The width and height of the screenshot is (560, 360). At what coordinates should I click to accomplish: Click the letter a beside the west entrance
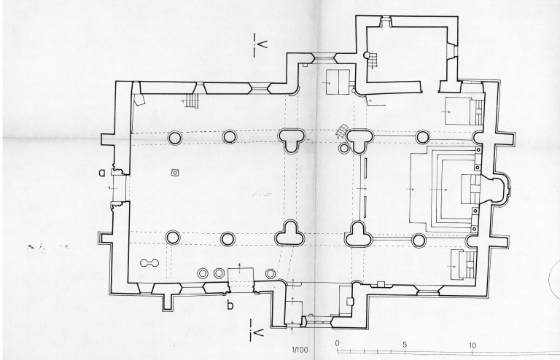pyautogui.click(x=104, y=172)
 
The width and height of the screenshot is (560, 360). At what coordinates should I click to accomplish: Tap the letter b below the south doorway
pyautogui.click(x=230, y=305)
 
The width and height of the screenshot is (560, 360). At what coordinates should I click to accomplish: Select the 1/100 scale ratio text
pyautogui.click(x=299, y=349)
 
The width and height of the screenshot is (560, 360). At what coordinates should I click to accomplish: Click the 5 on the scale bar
pyautogui.click(x=405, y=345)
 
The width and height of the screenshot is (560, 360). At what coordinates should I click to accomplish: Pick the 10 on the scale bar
pyautogui.click(x=472, y=345)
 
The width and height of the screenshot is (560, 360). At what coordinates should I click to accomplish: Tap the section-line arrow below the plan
pyautogui.click(x=256, y=332)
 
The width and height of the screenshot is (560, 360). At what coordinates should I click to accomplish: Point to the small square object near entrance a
pyautogui.click(x=175, y=173)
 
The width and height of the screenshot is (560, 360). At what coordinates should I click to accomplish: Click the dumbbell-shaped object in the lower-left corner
pyautogui.click(x=149, y=262)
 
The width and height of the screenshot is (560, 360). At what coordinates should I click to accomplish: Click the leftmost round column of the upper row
pyautogui.click(x=175, y=137)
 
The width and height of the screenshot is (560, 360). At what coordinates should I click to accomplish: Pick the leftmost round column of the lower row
pyautogui.click(x=173, y=237)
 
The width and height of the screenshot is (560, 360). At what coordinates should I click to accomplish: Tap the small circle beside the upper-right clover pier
pyautogui.click(x=344, y=148)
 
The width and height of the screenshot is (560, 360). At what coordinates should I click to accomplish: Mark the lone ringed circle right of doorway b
pyautogui.click(x=271, y=273)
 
